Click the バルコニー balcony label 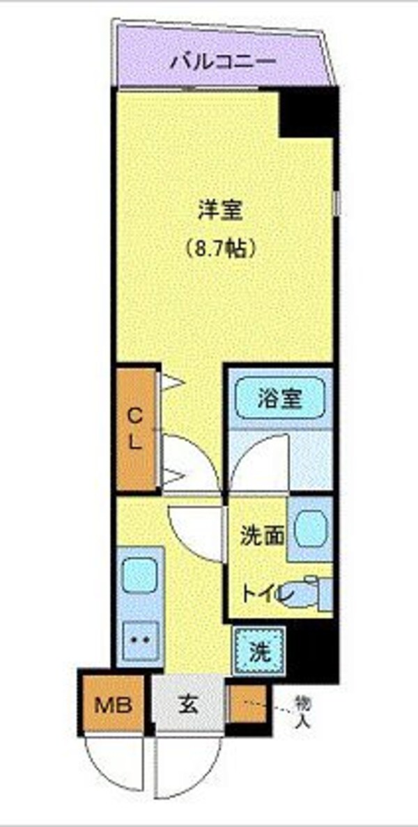pos(223,61)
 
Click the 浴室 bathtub pos(279,399)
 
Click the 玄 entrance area pos(189,704)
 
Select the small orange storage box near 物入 pos(248,704)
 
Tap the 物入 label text pos(302,711)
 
